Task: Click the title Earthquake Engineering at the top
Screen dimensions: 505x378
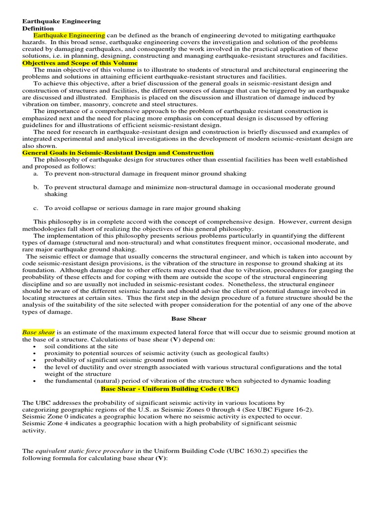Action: tap(62, 22)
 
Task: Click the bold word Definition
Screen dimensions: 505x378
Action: tap(38, 29)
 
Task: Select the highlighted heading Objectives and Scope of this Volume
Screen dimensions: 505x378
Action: tap(80, 64)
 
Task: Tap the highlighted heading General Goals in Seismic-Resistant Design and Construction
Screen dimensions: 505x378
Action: tap(118, 153)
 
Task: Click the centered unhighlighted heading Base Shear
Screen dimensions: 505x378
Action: tap(189, 319)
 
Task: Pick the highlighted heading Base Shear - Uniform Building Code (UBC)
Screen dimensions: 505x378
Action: tap(170, 389)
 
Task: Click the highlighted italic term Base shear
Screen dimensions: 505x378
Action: tap(38, 332)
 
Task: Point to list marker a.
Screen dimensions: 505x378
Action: tap(36, 174)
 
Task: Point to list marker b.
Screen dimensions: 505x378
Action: tap(36, 187)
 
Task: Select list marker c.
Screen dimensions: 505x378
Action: tap(36, 208)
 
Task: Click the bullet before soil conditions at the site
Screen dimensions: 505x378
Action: tap(33, 347)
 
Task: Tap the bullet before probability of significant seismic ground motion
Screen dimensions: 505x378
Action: tap(33, 360)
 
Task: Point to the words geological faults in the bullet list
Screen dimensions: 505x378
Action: tap(228, 353)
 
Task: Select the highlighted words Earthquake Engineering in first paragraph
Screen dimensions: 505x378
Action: tap(69, 36)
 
